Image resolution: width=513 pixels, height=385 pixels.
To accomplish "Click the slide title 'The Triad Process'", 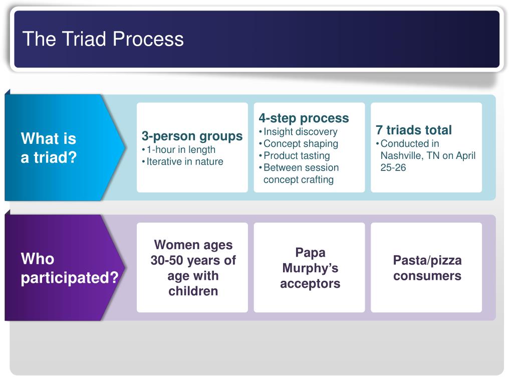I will [103, 39].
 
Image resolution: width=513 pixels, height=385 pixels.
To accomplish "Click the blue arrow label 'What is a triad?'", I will [49, 148].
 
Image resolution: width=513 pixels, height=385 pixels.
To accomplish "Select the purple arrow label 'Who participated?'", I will [69, 268].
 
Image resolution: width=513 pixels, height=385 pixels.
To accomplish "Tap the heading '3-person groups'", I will [192, 136].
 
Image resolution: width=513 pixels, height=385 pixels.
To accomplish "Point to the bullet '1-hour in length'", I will [181, 149].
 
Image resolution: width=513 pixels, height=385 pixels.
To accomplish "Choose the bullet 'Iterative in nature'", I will [185, 161].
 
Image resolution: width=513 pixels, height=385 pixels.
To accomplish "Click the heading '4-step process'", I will [304, 118].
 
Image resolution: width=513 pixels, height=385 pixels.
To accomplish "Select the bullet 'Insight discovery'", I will [301, 132].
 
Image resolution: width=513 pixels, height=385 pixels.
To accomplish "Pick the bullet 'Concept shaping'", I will [301, 143].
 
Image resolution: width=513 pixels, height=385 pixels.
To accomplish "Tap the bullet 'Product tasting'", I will [297, 155].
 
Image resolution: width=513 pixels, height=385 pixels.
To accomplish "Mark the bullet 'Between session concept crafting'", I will [301, 173].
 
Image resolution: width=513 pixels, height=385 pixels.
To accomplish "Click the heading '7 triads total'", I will [414, 130].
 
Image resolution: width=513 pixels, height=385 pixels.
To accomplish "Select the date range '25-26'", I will [393, 167].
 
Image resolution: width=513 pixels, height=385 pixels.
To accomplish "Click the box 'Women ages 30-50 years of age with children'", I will [192, 268].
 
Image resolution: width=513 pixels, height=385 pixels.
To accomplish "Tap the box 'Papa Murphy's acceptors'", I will [310, 268].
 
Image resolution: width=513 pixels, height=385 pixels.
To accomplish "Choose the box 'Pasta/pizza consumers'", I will [427, 268].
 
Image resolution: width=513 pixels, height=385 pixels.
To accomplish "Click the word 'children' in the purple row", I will [193, 291].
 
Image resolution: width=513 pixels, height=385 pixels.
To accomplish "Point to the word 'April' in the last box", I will [465, 155].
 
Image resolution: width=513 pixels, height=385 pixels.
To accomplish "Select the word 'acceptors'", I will [310, 284].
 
